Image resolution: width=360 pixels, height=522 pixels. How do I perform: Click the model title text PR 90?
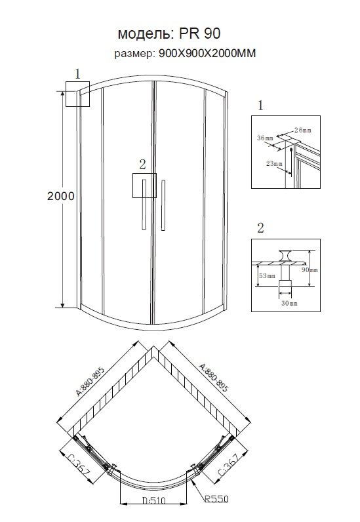coord(200,33)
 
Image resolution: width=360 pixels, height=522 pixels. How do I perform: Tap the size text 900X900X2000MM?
coord(207,53)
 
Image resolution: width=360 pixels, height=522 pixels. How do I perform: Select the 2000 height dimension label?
coord(60,196)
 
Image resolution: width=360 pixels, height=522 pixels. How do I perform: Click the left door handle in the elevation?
coord(144,205)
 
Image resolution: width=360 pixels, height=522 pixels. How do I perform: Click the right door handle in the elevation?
coord(163,205)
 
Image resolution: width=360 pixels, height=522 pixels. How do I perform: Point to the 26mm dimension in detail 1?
coord(303,130)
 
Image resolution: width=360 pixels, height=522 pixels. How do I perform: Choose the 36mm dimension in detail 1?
coord(265,138)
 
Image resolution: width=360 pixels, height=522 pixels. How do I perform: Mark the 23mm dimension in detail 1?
coord(274,163)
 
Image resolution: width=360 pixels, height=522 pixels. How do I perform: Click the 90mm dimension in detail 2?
coord(310,270)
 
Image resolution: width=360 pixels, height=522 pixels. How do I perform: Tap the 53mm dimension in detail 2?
coord(267,275)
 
